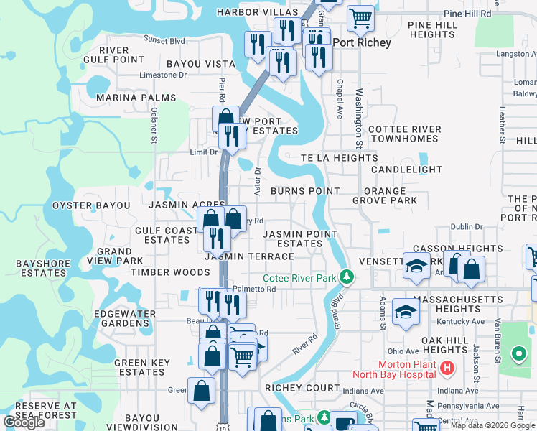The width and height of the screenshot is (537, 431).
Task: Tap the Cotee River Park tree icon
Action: (347, 277)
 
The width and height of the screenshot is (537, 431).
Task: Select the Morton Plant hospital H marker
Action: (447, 369)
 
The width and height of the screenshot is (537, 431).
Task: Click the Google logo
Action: (24, 422)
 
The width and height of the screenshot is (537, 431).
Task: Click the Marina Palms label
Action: (136, 98)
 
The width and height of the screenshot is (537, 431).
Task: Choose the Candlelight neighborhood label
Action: (406, 169)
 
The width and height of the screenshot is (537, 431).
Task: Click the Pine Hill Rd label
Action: (467, 13)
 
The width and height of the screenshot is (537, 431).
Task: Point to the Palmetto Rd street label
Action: (260, 289)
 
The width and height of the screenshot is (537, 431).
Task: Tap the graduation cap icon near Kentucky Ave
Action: (406, 312)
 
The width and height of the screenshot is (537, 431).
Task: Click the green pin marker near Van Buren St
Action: (518, 353)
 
